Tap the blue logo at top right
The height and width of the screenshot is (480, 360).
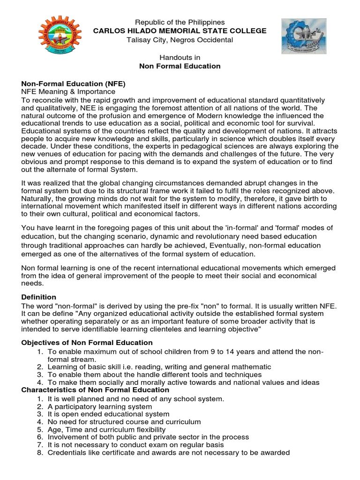click(303, 37)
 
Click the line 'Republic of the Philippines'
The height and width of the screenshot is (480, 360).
click(180, 22)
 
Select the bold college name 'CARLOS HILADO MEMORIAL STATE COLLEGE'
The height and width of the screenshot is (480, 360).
click(180, 31)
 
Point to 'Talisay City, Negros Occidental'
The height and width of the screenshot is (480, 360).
click(180, 40)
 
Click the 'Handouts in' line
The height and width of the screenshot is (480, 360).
click(180, 57)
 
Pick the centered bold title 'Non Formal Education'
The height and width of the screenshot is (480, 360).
click(180, 66)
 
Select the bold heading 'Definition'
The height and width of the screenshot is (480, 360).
click(39, 297)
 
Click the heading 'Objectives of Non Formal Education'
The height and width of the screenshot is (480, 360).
click(87, 343)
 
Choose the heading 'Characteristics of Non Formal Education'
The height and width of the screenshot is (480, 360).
click(96, 390)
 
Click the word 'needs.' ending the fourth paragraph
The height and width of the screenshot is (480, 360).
click(33, 284)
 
